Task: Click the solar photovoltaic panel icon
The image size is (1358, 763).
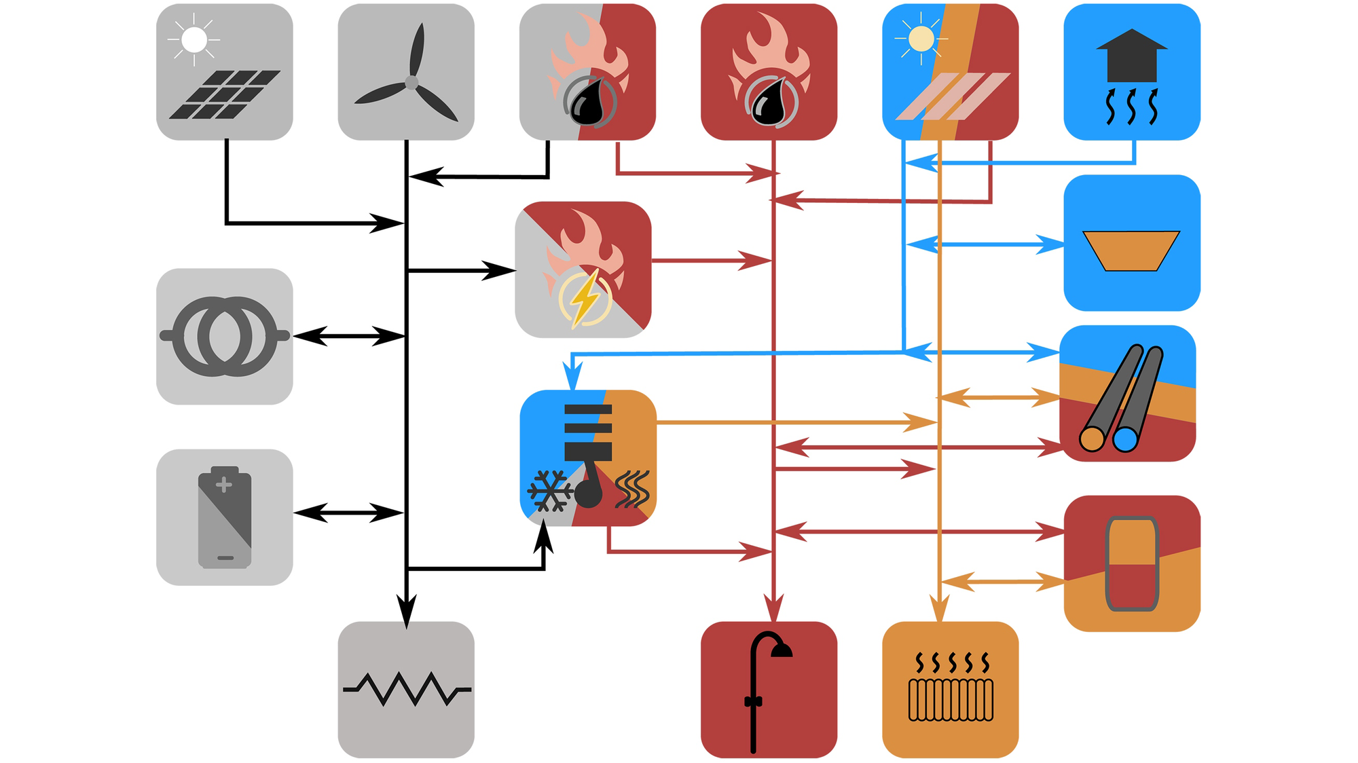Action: [x=225, y=94]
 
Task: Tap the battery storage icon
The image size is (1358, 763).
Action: [x=225, y=517]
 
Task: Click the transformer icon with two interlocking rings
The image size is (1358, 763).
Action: [x=225, y=336]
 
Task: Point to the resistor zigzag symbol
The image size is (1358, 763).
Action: [x=406, y=689]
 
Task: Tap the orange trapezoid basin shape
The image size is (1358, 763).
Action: [x=1131, y=250]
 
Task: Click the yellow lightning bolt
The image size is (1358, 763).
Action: [x=585, y=299]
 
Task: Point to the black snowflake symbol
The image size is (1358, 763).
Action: [x=549, y=490]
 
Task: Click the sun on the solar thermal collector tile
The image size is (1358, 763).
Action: [x=921, y=39]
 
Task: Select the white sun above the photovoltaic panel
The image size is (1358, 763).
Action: [x=194, y=39]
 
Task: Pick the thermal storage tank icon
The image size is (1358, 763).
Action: [x=1131, y=563]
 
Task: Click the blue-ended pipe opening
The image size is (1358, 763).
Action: [x=1125, y=439]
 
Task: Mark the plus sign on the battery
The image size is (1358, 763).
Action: [x=223, y=485]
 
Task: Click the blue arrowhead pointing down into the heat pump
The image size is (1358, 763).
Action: [x=574, y=377]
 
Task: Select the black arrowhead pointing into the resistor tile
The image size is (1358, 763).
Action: [x=406, y=610]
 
